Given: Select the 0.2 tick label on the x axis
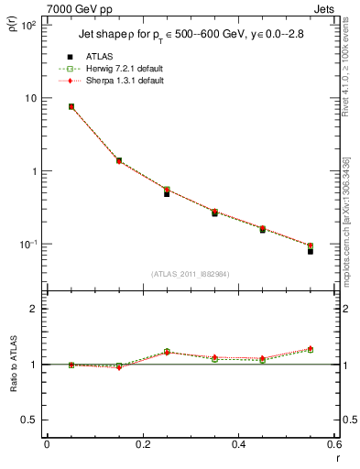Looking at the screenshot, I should point(142,445).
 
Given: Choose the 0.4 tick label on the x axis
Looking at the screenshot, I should point(238,445).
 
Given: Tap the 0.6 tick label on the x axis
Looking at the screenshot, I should point(333,445).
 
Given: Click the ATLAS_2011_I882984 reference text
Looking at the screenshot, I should point(191,274).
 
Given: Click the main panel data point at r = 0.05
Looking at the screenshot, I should point(71,106).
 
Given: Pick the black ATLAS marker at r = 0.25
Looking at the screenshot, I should point(167,193).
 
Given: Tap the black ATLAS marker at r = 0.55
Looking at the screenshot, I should point(310,250).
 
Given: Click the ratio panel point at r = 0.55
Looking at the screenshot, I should point(310,349).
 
